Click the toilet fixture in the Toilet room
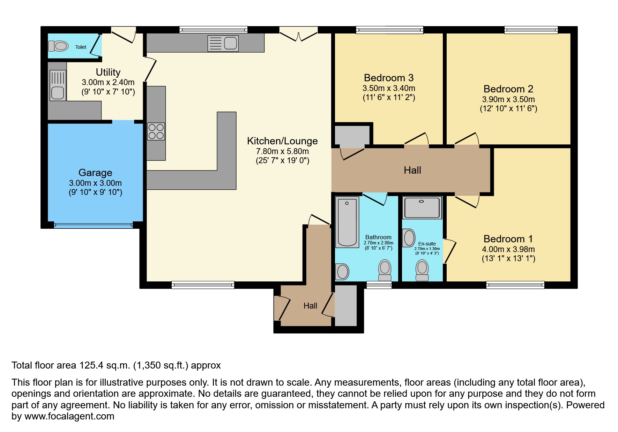pyautogui.click(x=58, y=46)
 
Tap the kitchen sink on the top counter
pyautogui.click(x=223, y=44)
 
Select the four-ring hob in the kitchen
pyautogui.click(x=156, y=131)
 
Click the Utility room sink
pyautogui.click(x=58, y=85)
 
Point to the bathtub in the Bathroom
pyautogui.click(x=347, y=222)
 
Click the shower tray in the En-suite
pyautogui.click(x=422, y=208)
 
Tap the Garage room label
pyautogui.click(x=95, y=173)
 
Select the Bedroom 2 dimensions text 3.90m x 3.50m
pyautogui.click(x=508, y=99)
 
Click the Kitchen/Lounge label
pyautogui.click(x=282, y=141)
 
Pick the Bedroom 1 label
pyautogui.click(x=508, y=239)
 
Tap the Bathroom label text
pyautogui.click(x=378, y=237)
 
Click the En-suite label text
pyautogui.click(x=427, y=244)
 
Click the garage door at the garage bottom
pyautogui.click(x=94, y=225)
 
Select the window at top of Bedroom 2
pyautogui.click(x=531, y=30)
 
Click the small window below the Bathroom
pyautogui.click(x=379, y=285)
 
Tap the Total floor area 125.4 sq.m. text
pyautogui.click(x=116, y=365)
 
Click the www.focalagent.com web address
pyautogui.click(x=69, y=416)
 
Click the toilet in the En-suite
pyautogui.click(x=422, y=271)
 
